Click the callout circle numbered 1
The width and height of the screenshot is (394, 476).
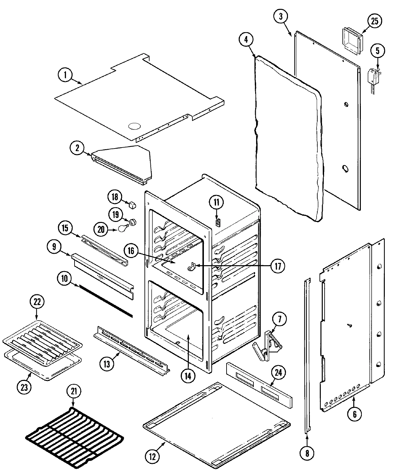[x=65, y=75]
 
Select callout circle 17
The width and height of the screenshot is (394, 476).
[x=278, y=266]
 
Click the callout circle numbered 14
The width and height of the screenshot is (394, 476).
[x=187, y=375]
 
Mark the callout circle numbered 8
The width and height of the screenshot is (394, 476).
[x=307, y=453]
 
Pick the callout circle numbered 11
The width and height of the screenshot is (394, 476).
[x=216, y=202]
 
